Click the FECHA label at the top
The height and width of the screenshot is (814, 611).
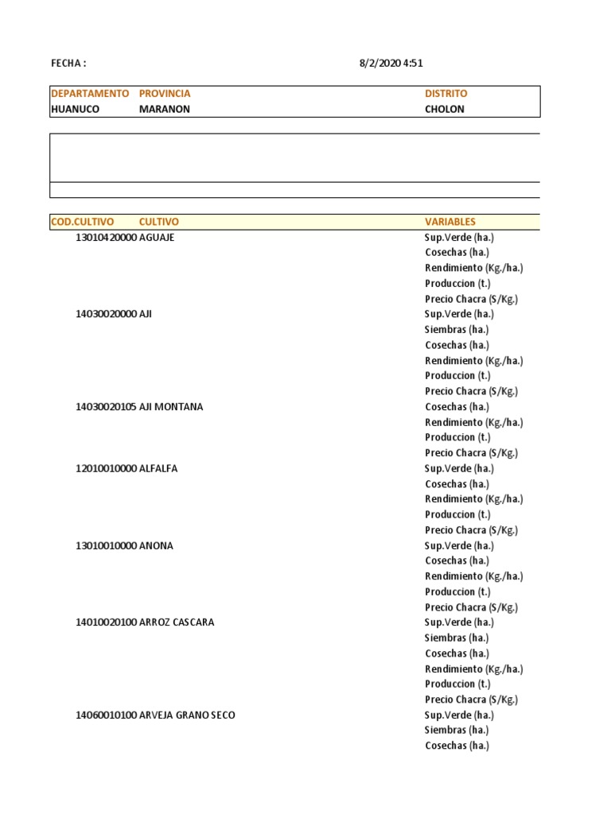[68, 64]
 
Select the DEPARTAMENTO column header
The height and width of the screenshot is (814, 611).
[89, 94]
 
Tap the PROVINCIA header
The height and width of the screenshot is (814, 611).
[165, 94]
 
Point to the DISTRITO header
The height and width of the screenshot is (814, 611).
[446, 94]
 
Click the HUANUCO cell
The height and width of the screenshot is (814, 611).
[75, 109]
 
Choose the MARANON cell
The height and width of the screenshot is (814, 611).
[165, 109]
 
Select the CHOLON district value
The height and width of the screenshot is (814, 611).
[445, 109]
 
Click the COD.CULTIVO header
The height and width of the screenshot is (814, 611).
[82, 222]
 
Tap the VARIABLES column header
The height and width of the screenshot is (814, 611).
[450, 222]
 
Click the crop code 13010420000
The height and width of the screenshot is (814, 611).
[106, 238]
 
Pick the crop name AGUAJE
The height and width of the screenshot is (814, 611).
[157, 238]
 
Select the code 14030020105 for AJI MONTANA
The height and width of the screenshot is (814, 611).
[106, 407]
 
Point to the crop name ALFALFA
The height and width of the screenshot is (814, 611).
[158, 469]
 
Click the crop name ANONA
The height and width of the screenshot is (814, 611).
[156, 546]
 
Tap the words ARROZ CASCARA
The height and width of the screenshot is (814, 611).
[177, 622]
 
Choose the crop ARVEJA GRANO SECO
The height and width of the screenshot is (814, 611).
[187, 715]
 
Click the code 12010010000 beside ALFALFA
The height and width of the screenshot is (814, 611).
[106, 469]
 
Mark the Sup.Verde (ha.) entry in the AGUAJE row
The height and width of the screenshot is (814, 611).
[459, 238]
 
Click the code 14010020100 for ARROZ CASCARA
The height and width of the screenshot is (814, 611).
[106, 622]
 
